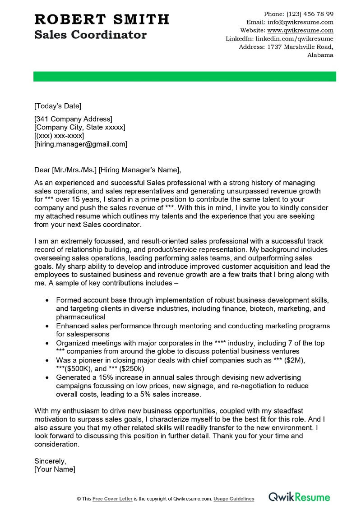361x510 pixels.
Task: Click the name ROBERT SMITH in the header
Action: point(102,19)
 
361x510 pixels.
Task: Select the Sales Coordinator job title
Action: point(90,35)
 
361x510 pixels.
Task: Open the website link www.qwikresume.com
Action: point(300,30)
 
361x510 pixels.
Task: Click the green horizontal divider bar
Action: point(185,76)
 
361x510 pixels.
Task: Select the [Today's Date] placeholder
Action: point(58,106)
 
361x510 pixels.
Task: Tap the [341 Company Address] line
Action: point(73,119)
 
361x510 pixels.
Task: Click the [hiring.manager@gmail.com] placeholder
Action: point(81,144)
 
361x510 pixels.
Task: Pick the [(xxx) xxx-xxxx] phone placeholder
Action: point(59,136)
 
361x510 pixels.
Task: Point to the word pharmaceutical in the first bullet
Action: point(81,317)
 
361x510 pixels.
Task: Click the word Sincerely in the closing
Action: point(50,461)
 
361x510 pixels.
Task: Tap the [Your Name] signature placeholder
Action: point(55,469)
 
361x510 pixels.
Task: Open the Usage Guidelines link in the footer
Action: point(234,499)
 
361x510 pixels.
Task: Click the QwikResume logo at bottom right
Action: point(299,497)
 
